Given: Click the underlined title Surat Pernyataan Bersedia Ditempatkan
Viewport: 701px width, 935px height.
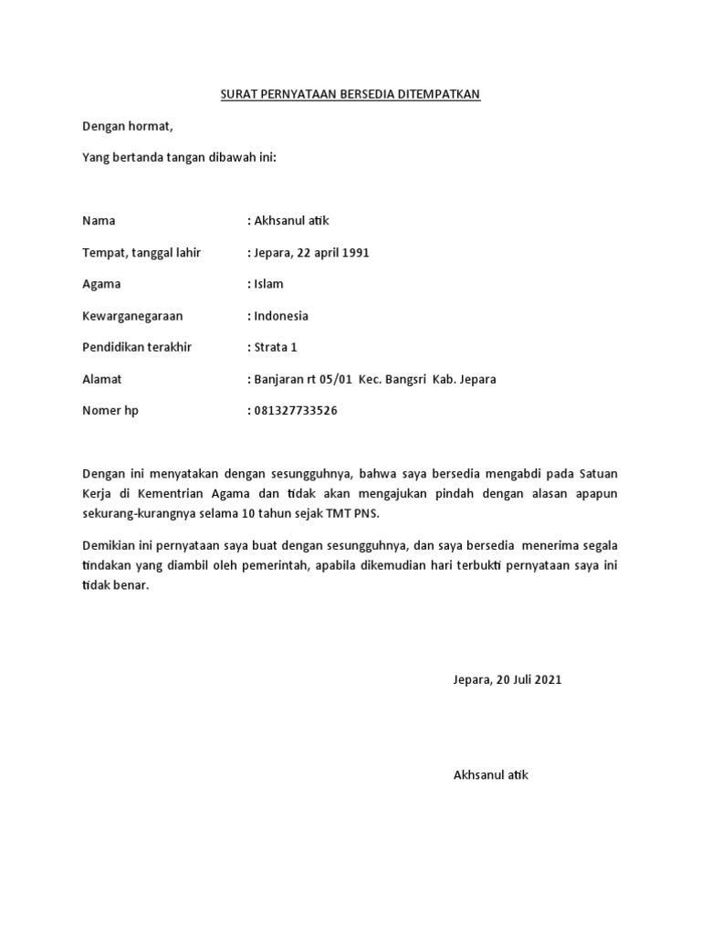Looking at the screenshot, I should [x=350, y=94].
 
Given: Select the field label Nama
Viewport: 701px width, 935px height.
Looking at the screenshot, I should [x=99, y=221].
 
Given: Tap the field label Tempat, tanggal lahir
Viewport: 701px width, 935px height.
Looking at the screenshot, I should [x=141, y=253].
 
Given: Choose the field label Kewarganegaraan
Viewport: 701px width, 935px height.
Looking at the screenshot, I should [x=132, y=316].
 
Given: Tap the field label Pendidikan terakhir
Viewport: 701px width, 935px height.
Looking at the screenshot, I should [x=137, y=348].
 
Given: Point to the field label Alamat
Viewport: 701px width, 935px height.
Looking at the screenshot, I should [x=101, y=379].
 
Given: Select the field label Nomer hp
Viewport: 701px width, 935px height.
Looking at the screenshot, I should [x=110, y=411].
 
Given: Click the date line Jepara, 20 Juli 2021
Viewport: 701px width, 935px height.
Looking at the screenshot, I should [x=507, y=680].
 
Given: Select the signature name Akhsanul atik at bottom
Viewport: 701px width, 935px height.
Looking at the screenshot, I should [x=491, y=775].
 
